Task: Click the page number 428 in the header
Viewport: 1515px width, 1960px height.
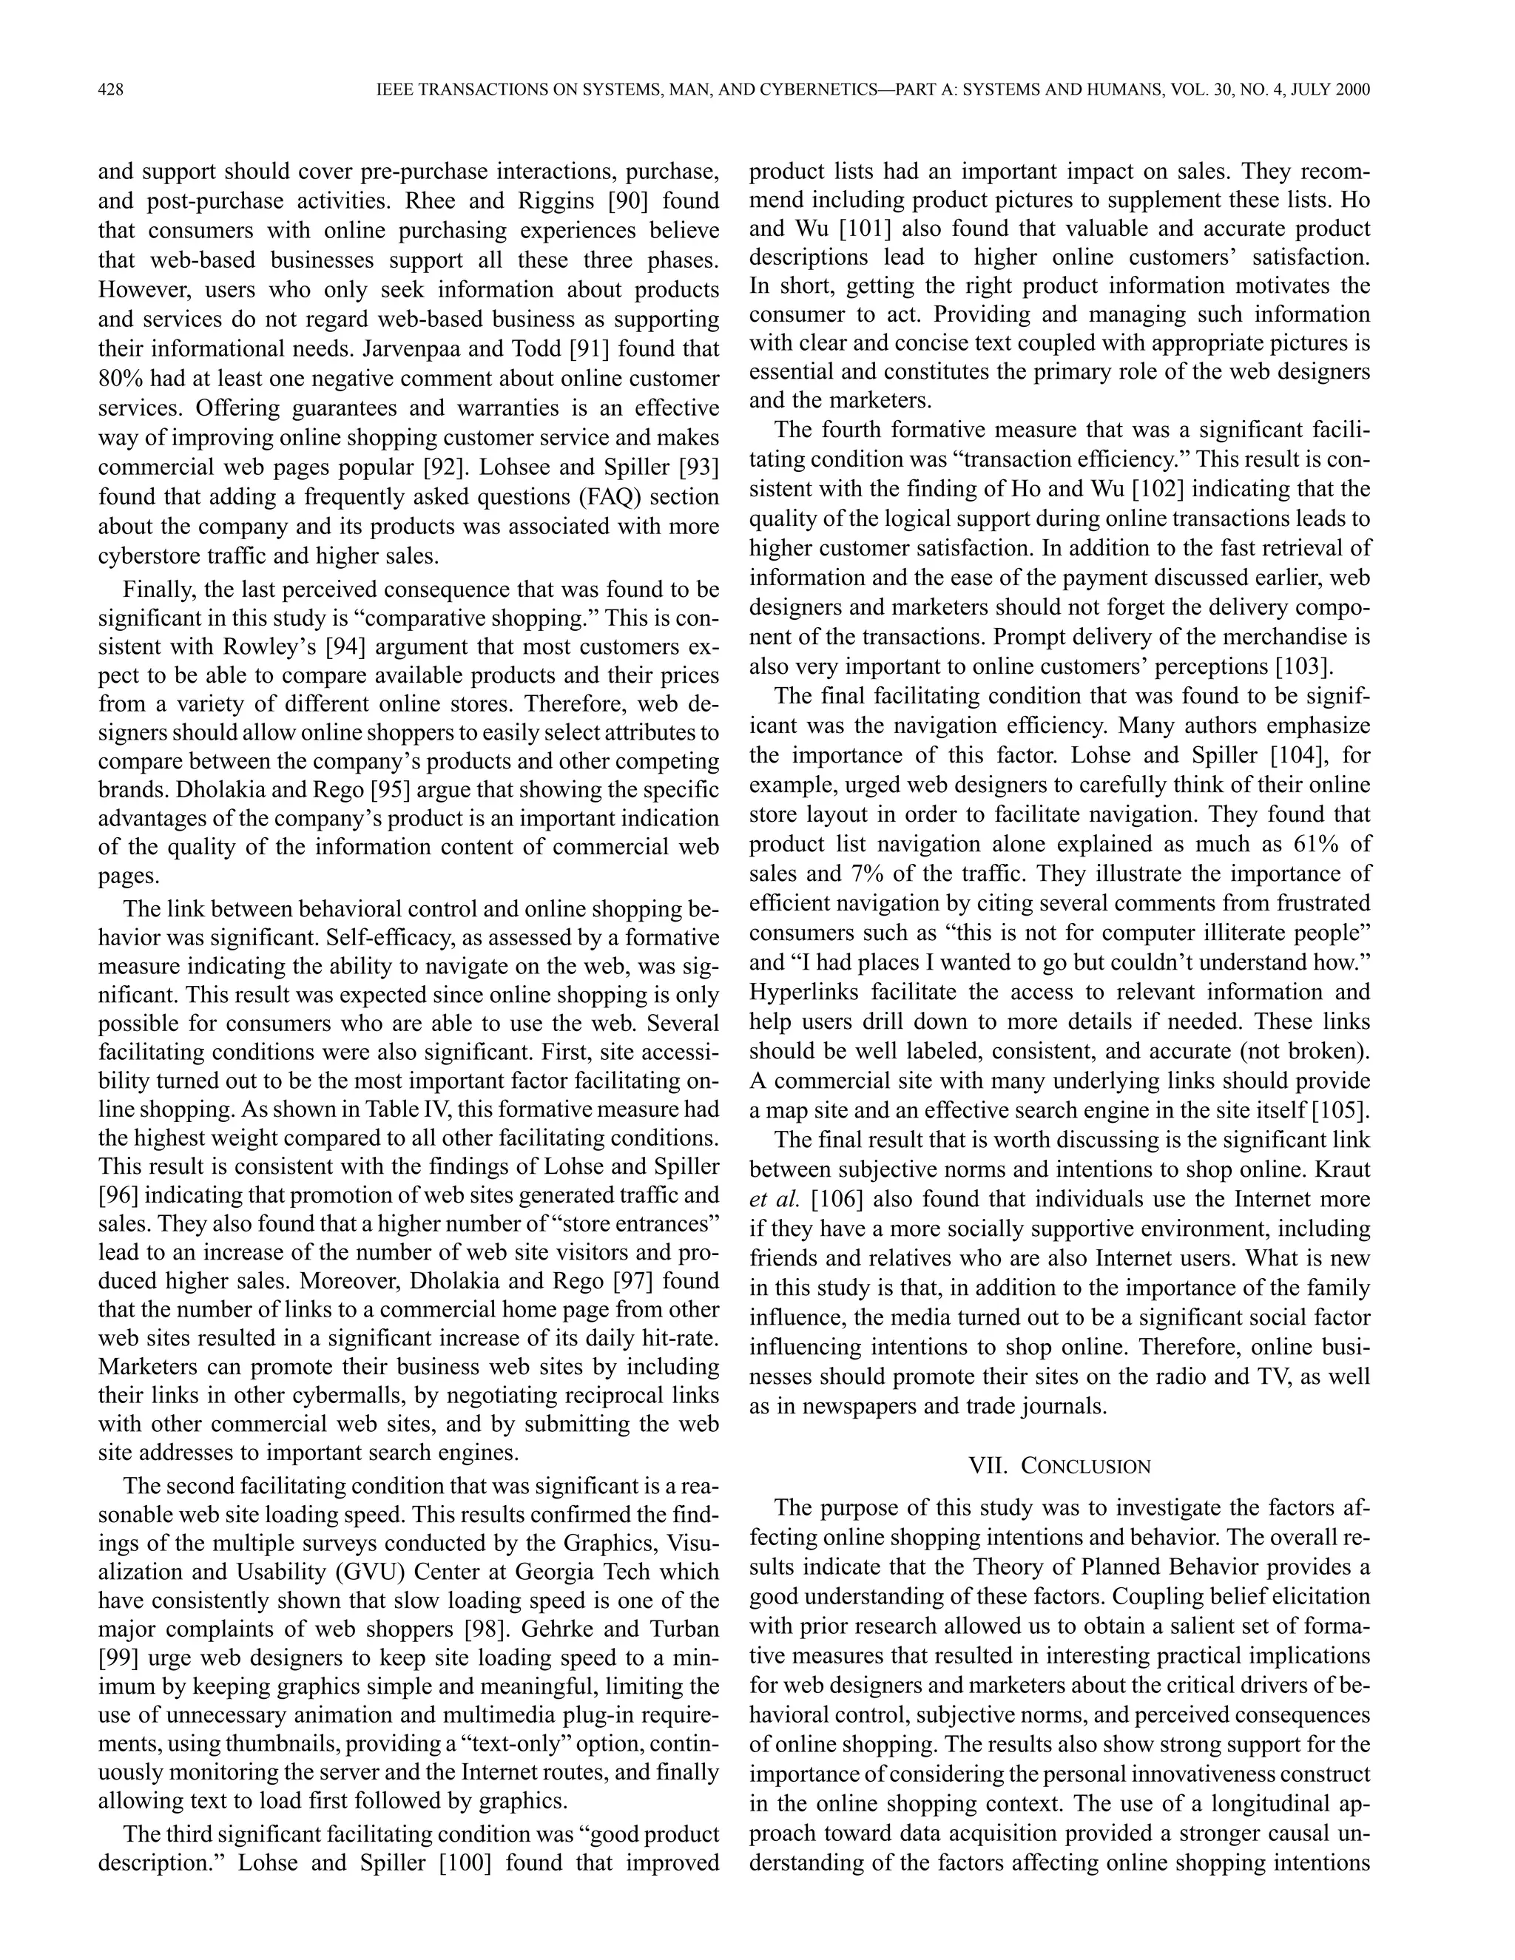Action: [x=110, y=89]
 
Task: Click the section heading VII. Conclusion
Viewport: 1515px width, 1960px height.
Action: [x=1059, y=1467]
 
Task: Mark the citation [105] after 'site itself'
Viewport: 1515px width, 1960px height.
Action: [x=1341, y=1110]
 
